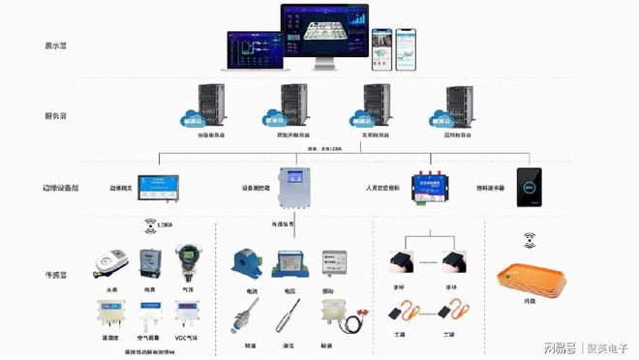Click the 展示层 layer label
tap(55, 45)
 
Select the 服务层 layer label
tap(55, 115)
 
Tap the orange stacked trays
tap(529, 282)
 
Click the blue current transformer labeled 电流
tap(244, 262)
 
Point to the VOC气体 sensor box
tap(187, 314)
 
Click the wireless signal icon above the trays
tap(530, 238)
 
